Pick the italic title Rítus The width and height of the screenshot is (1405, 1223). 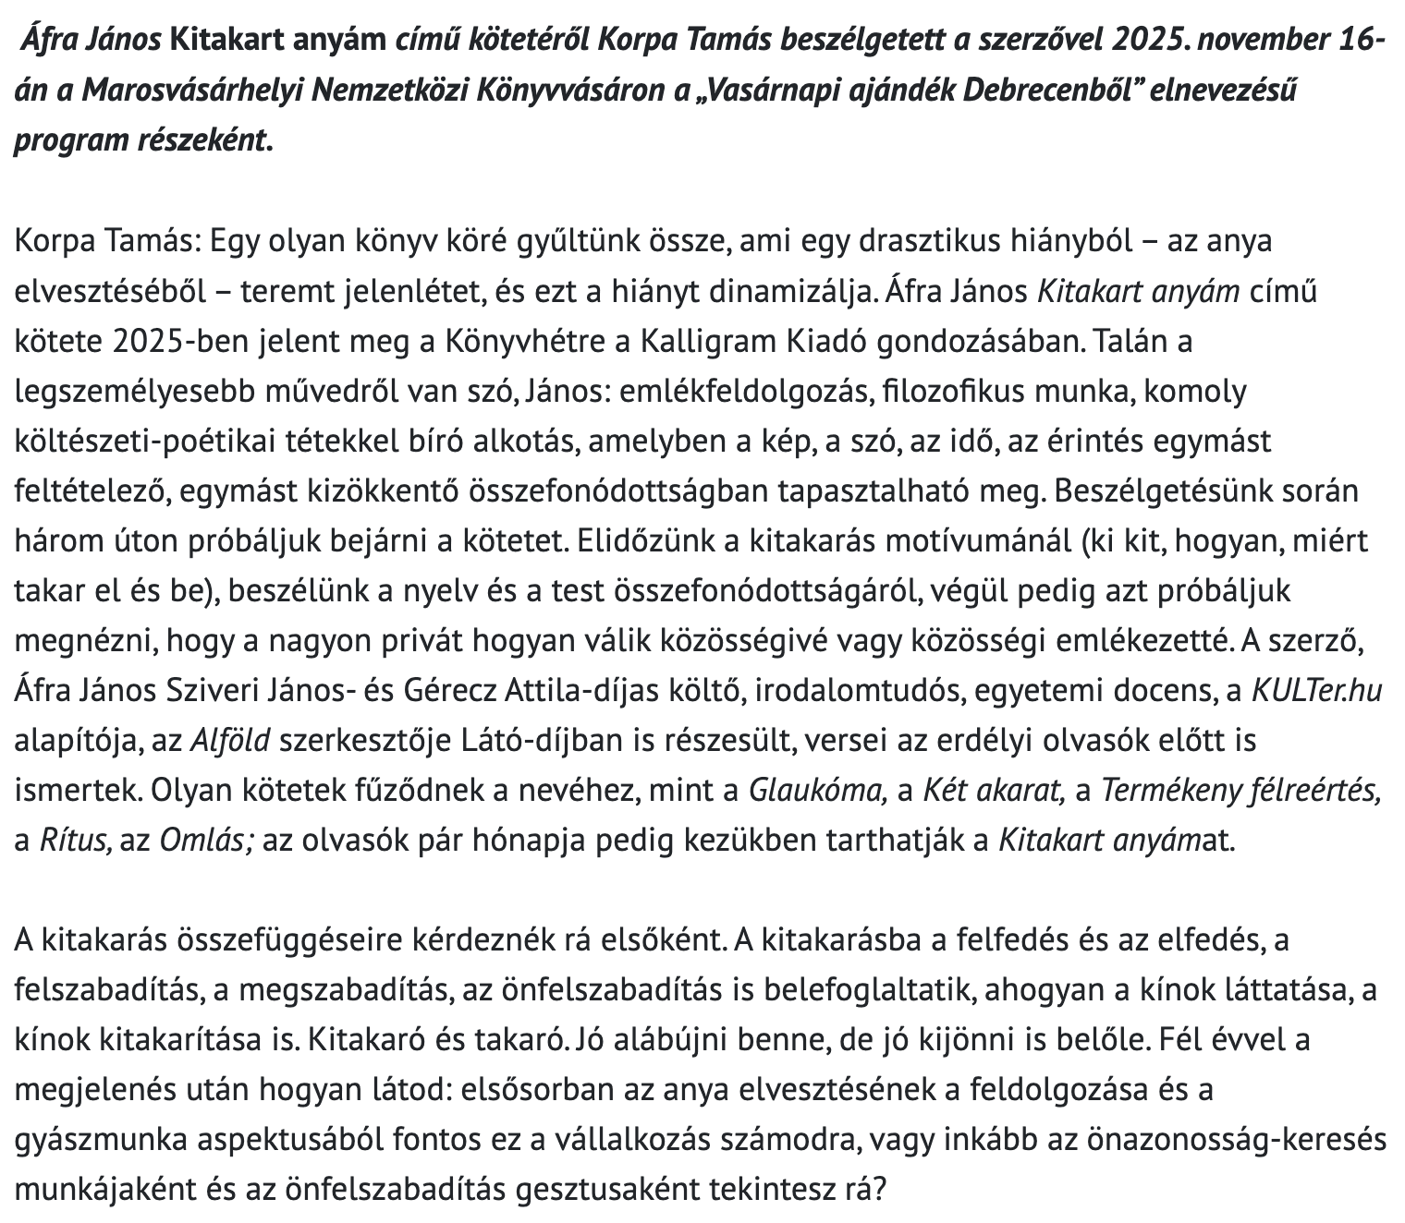pos(76,841)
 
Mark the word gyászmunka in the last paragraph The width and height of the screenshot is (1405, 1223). pos(101,1140)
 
